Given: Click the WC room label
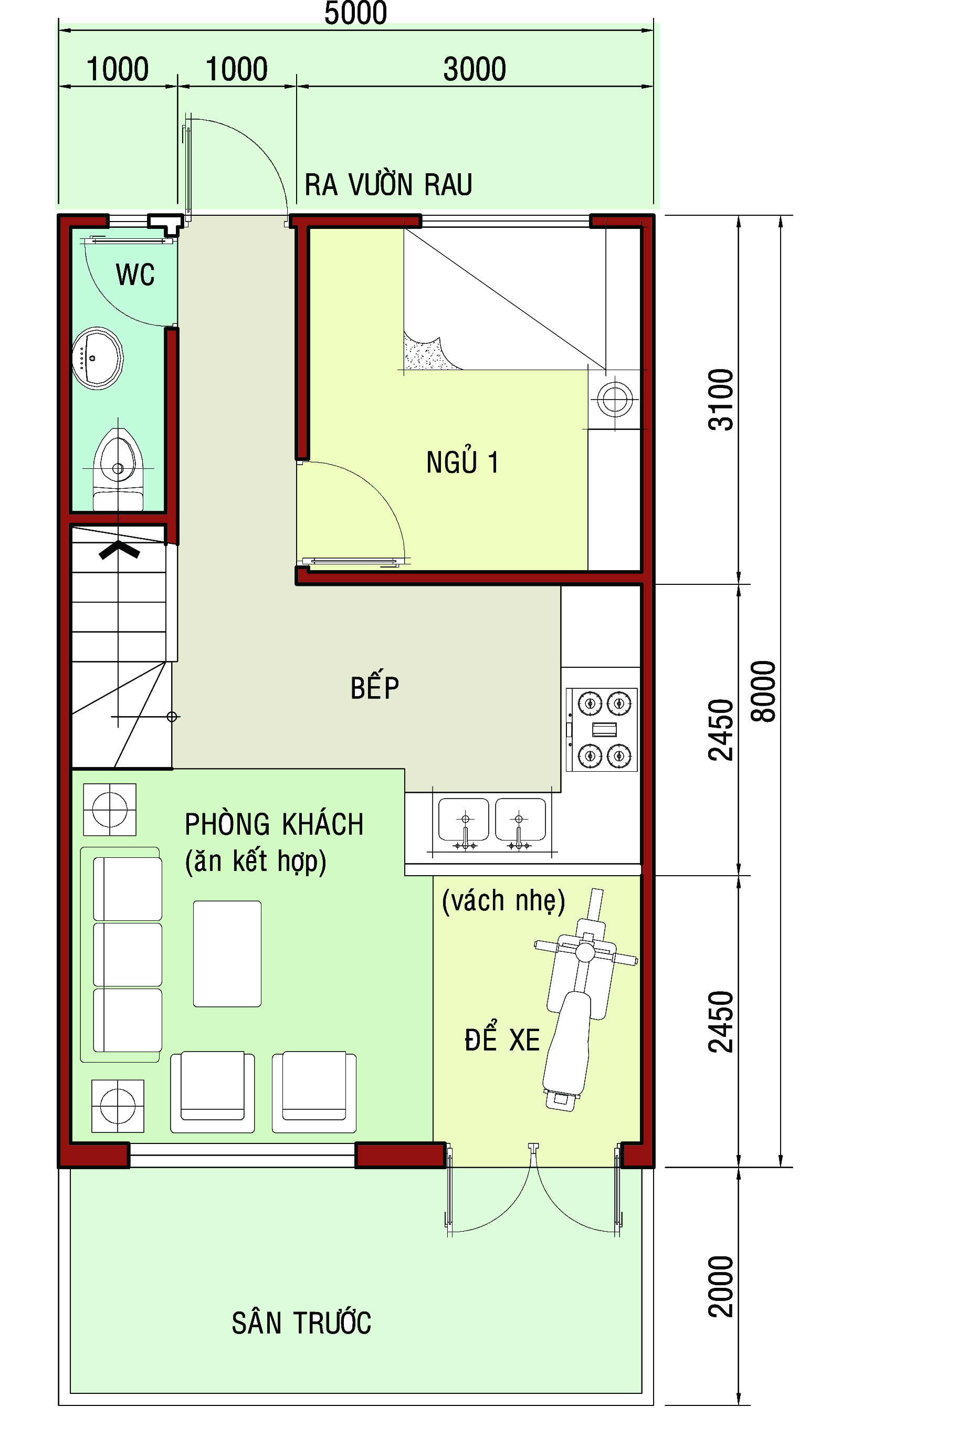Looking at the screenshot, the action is click(x=135, y=275).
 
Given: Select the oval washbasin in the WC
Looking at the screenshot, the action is click(x=97, y=358).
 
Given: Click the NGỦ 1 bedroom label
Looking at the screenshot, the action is click(x=462, y=462).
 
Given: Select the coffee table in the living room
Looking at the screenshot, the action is click(x=227, y=953).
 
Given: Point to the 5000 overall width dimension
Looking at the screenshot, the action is click(x=356, y=13).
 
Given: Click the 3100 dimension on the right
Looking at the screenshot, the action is click(x=721, y=400).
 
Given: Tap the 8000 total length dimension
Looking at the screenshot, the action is click(x=764, y=691).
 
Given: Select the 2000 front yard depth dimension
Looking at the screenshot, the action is click(x=721, y=1286).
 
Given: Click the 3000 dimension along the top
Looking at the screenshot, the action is click(x=475, y=69).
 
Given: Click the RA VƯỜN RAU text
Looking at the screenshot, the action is click(x=388, y=185).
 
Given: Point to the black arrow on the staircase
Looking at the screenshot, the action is click(x=119, y=550).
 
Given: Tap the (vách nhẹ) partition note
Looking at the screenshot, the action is click(x=503, y=901).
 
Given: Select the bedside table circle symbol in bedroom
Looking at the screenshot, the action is click(x=615, y=399).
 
